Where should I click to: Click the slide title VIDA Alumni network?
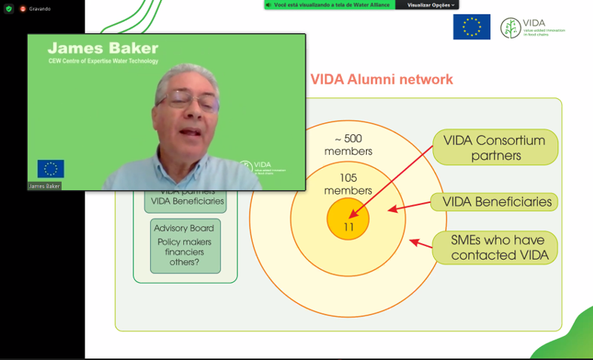coord(382,79)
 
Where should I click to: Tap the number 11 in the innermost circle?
coord(349,226)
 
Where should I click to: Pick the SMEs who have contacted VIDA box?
coord(496,247)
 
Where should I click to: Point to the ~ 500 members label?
coord(348,145)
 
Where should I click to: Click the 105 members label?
coord(348,184)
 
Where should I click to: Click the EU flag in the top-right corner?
coord(472,26)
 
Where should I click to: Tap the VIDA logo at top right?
coord(532,28)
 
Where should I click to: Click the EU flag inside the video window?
coord(51,168)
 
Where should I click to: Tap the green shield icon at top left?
coord(8,8)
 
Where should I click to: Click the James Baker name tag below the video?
coord(45,186)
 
